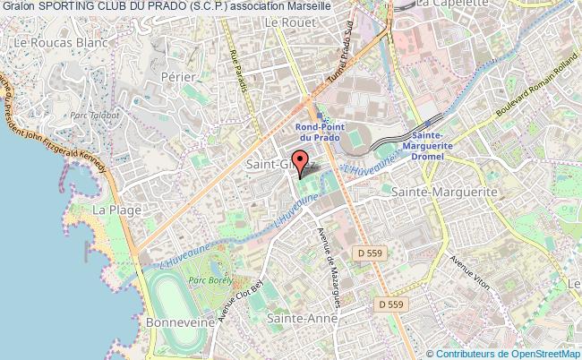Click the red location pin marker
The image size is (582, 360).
point(302,162)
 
